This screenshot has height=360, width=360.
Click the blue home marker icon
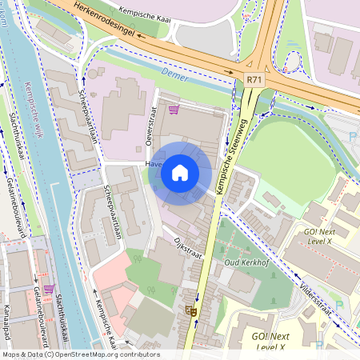[180, 173]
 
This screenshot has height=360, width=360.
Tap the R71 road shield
[254, 80]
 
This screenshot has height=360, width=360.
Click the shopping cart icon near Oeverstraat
[173, 110]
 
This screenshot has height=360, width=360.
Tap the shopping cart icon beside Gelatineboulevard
[49, 289]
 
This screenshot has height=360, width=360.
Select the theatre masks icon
[190, 310]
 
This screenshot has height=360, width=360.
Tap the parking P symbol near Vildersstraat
[338, 305]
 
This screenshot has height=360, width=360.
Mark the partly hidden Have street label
[153, 165]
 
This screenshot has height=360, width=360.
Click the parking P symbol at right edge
[353, 138]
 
